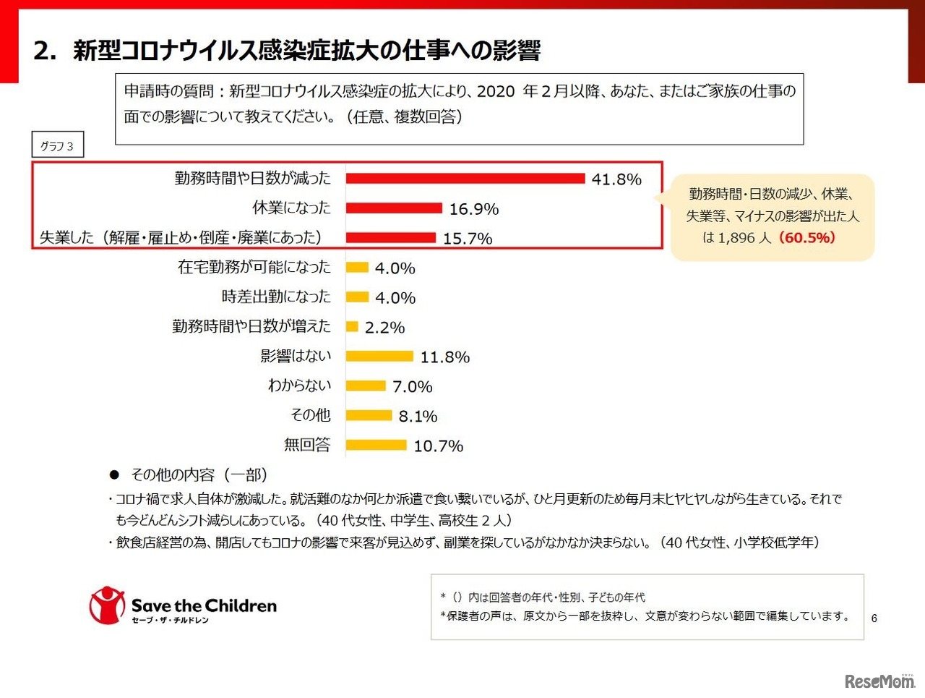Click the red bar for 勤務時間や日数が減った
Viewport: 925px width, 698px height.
click(x=465, y=179)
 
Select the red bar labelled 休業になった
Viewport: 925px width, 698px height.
click(x=394, y=208)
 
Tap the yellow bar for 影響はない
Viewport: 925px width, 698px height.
click(x=379, y=357)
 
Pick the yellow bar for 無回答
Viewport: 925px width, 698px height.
click(x=377, y=446)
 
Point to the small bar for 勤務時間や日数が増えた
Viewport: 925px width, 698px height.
click(x=352, y=327)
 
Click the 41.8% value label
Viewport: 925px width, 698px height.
click(x=616, y=179)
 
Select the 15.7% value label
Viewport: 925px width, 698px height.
click(x=468, y=239)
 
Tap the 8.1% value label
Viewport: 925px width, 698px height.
click(x=418, y=417)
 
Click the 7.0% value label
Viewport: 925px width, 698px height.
click(x=413, y=387)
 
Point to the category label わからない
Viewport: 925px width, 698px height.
click(x=299, y=386)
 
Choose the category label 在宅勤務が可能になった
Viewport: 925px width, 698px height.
click(x=254, y=267)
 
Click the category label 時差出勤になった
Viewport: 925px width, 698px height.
click(x=276, y=297)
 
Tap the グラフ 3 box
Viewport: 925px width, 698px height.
click(x=57, y=146)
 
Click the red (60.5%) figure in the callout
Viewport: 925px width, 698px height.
click(x=806, y=237)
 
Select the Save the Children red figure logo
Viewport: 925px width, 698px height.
click(x=106, y=605)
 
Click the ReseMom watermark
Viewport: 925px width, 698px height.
click(x=879, y=681)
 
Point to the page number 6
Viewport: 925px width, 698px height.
click(x=874, y=618)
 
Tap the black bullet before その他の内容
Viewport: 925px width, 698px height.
click(x=113, y=475)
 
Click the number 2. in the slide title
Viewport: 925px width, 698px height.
click(x=45, y=51)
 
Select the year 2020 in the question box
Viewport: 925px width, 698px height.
click(x=496, y=91)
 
